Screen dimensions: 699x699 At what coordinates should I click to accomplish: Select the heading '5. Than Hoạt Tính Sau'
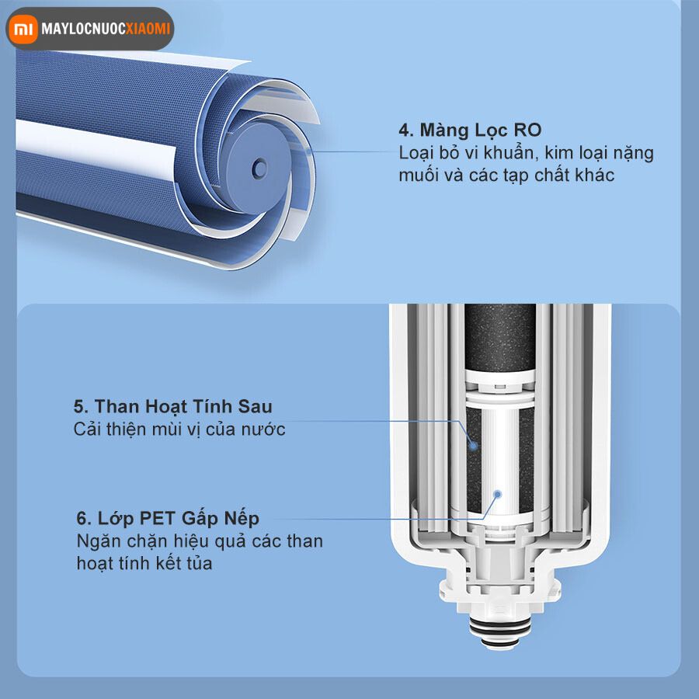coord(172,406)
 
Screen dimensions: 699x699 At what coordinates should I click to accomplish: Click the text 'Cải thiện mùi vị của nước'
coord(179,429)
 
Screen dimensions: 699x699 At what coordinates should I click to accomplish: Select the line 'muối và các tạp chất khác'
coord(506,175)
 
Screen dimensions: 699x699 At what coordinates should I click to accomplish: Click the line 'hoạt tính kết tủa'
coord(144,563)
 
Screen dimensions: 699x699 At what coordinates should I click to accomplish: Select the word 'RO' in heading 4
coord(526,130)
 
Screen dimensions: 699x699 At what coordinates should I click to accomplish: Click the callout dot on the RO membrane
coord(311,153)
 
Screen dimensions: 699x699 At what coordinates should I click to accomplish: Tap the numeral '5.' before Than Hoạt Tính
coord(82,406)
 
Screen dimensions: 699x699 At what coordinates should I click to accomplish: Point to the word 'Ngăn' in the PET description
coord(95,541)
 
